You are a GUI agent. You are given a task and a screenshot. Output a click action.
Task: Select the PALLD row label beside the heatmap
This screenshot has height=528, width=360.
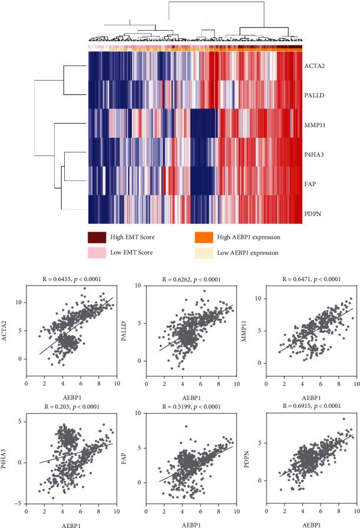(x=316, y=94)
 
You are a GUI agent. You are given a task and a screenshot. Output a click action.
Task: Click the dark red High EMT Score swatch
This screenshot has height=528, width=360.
(x=97, y=237)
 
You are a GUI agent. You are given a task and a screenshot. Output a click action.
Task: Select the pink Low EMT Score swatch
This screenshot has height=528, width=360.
(x=97, y=252)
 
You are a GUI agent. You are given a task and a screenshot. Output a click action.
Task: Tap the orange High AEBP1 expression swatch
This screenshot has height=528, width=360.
(x=203, y=237)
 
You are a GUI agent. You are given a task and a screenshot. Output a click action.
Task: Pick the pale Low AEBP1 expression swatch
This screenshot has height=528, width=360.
(x=203, y=252)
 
